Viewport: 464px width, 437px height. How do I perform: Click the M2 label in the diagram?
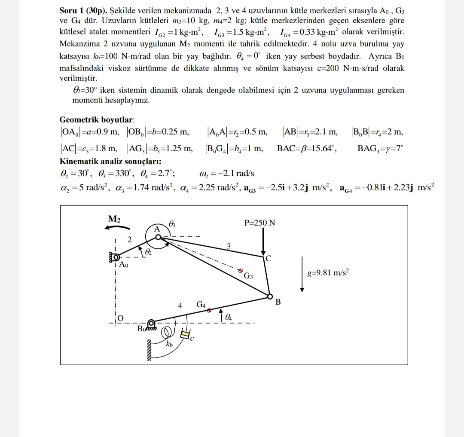click(114, 219)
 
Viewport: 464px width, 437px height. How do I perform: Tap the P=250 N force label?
click(259, 223)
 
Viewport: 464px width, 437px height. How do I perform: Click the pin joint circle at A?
click(158, 237)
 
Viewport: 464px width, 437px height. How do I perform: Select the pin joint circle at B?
click(270, 296)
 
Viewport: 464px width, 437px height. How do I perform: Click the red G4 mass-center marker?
click(209, 310)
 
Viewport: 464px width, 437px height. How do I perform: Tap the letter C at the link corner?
click(269, 259)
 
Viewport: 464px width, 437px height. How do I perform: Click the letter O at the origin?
click(121, 318)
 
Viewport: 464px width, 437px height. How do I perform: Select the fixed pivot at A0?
click(115, 257)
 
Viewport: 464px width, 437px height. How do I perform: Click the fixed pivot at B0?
click(151, 323)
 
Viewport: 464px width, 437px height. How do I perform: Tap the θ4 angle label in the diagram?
click(229, 317)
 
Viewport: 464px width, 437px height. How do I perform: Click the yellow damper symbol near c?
click(185, 334)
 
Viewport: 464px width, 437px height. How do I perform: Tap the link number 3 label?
click(229, 246)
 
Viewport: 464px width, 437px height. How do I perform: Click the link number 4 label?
click(180, 306)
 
